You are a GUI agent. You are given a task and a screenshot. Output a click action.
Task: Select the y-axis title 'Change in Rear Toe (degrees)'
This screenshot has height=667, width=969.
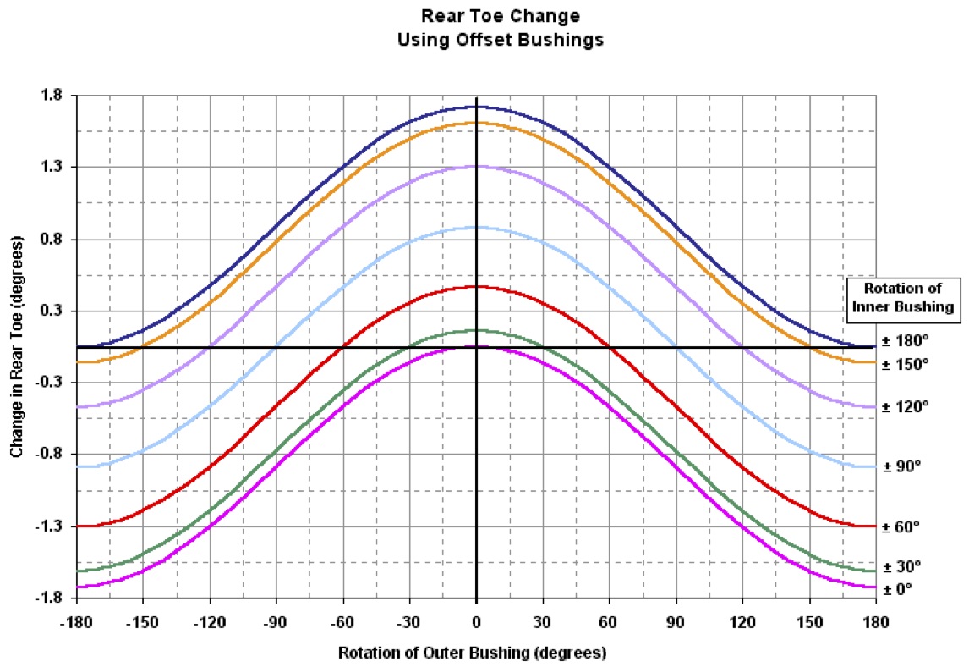pyautogui.click(x=17, y=347)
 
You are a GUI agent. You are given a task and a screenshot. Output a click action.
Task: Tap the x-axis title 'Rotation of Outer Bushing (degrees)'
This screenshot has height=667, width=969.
pyautogui.click(x=473, y=653)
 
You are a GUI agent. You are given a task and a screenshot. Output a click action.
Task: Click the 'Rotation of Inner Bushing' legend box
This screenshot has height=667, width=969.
pyautogui.click(x=905, y=297)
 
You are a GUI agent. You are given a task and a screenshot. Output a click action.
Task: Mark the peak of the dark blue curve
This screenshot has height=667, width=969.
pyautogui.click(x=477, y=107)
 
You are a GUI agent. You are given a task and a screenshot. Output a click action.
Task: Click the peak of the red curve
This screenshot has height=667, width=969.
pyautogui.click(x=477, y=286)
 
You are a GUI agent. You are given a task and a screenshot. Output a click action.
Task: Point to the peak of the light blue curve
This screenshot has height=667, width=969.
pyautogui.click(x=477, y=227)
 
